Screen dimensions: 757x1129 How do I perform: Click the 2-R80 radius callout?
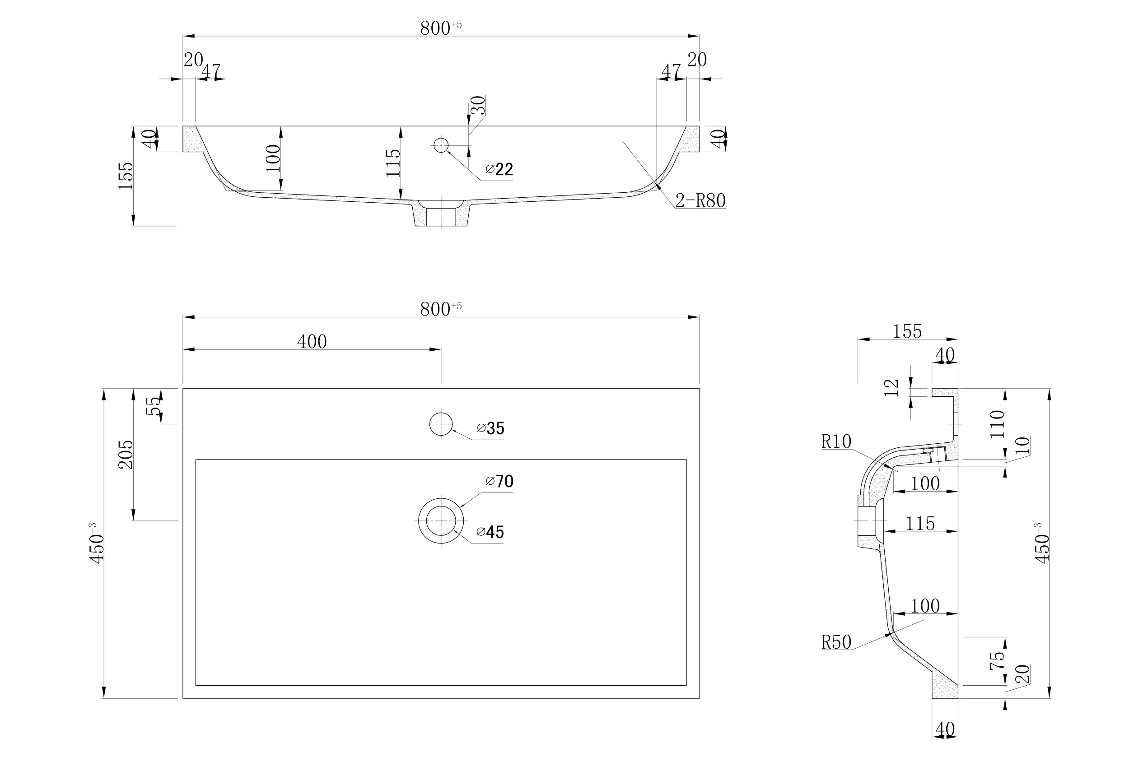pos(700,200)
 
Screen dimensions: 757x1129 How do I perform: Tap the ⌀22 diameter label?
pos(499,169)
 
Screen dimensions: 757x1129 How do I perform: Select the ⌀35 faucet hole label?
pos(490,429)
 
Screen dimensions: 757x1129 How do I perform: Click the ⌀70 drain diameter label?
pos(500,481)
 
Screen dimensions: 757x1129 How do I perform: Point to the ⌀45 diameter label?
pos(490,532)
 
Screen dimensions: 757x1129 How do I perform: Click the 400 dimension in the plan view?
pos(312,342)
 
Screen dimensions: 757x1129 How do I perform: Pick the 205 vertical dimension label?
pos(126,454)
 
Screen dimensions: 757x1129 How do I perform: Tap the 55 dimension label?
pos(153,406)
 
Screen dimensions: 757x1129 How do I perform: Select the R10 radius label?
pos(836,442)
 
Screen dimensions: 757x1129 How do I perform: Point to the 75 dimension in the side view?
pos(997,660)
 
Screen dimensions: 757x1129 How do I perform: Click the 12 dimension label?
pos(891,388)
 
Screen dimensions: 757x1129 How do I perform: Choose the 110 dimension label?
pos(997,424)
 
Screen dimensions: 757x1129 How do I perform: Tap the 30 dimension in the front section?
pos(478,105)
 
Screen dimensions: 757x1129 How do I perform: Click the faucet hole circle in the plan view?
pos(440,424)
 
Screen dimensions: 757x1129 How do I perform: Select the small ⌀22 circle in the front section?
pos(441,145)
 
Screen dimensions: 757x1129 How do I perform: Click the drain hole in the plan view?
pos(440,520)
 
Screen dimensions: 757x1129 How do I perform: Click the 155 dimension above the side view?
pos(907,332)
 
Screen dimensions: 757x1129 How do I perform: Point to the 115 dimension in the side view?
pos(920,524)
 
